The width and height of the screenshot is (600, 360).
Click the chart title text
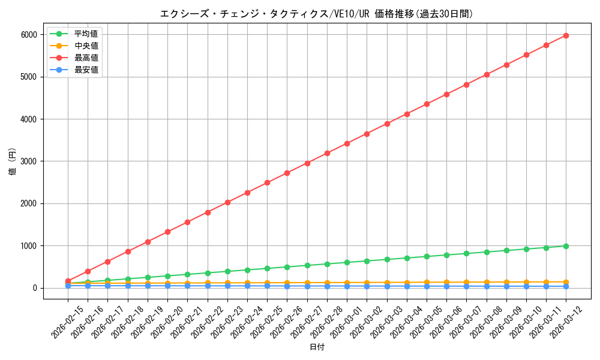click(x=316, y=14)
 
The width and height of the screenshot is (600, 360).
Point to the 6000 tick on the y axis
click(x=28, y=35)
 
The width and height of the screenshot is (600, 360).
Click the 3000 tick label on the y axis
click(x=28, y=161)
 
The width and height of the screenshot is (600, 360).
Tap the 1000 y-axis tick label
click(x=28, y=246)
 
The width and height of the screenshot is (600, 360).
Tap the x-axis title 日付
click(x=317, y=347)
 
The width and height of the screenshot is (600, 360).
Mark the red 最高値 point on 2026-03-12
click(x=566, y=35)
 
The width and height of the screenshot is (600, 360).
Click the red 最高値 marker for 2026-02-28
click(x=327, y=153)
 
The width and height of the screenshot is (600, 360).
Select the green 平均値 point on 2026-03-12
click(x=566, y=246)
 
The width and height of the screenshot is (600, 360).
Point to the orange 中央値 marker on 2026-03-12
click(x=566, y=282)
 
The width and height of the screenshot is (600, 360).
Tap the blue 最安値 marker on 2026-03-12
click(x=566, y=286)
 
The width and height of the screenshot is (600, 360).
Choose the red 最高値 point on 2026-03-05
click(x=427, y=104)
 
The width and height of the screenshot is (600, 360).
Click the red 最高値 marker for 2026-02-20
click(x=167, y=232)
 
